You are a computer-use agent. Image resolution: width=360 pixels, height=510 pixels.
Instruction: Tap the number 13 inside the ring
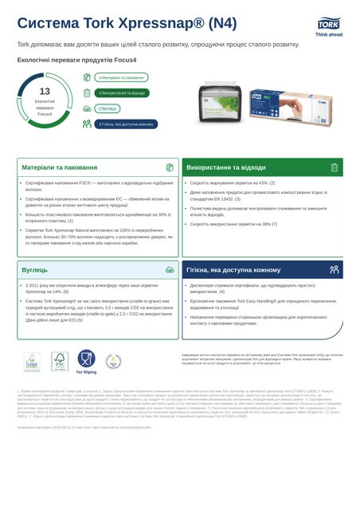pos(45,92)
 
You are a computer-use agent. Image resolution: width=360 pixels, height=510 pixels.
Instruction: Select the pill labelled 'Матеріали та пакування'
pos(121,77)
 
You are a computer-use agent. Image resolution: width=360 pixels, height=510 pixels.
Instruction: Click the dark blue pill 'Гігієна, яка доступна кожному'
pos(126,124)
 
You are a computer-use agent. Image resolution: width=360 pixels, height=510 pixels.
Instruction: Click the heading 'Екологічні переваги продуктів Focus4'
pos(70,60)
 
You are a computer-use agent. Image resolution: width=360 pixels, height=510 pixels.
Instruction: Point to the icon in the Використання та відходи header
pos(334,168)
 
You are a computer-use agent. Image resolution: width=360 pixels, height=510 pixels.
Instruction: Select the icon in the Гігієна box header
pos(334,270)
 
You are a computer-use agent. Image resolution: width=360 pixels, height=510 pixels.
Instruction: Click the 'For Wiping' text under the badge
pos(86,372)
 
